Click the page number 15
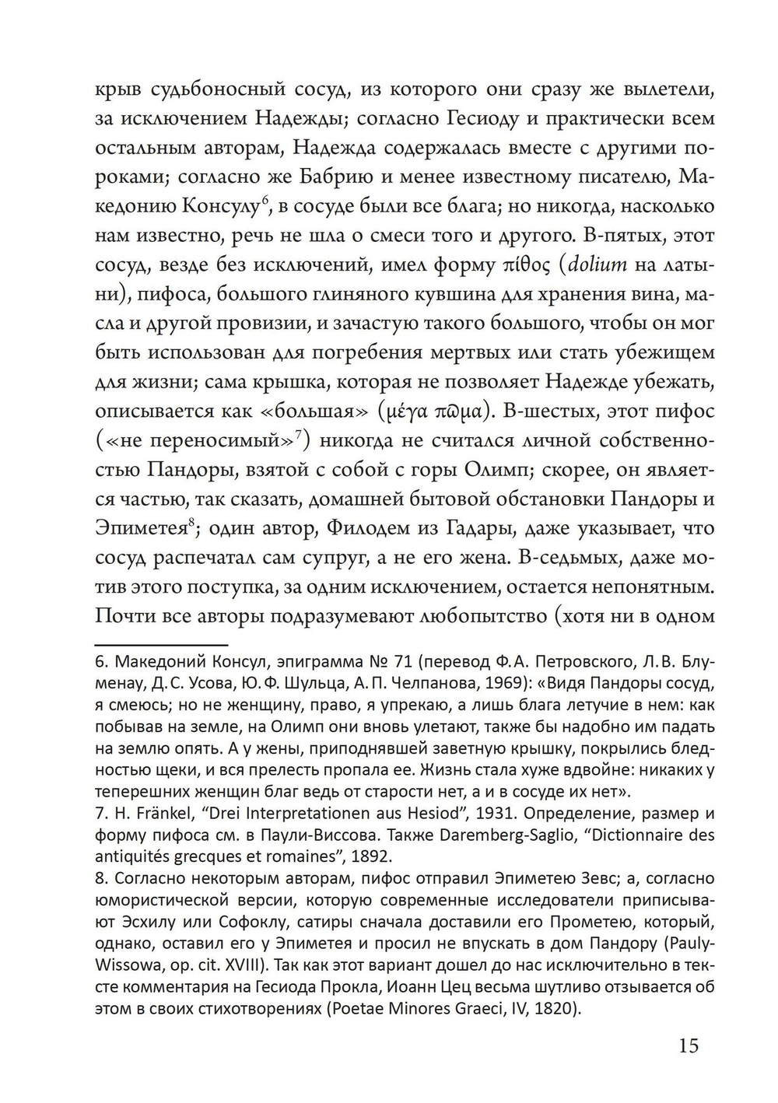coord(688,1045)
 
